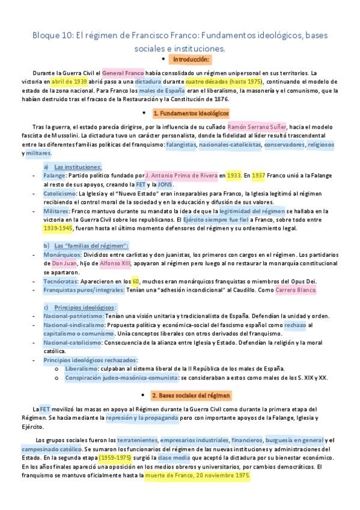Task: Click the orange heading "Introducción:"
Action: tap(191, 60)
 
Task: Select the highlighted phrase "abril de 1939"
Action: tap(70, 81)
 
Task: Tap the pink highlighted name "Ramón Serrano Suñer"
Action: tap(257, 127)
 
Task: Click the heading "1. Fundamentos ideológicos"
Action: tap(191, 113)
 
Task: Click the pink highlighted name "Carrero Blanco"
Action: tap(295, 290)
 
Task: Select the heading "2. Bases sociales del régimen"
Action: tap(191, 396)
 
